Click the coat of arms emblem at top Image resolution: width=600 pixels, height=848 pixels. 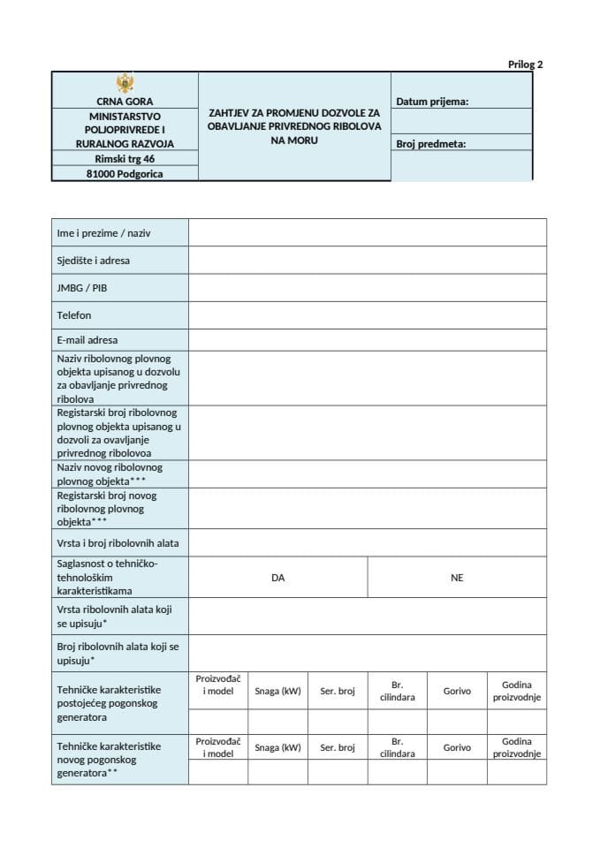pyautogui.click(x=125, y=84)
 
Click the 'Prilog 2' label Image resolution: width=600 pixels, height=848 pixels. pyautogui.click(x=525, y=64)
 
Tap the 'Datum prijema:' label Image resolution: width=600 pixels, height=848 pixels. pyautogui.click(x=431, y=102)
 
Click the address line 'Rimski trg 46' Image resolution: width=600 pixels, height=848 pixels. pyautogui.click(x=125, y=159)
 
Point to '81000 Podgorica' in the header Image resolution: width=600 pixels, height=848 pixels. pyautogui.click(x=125, y=174)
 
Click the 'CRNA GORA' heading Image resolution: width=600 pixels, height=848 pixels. pyautogui.click(x=125, y=102)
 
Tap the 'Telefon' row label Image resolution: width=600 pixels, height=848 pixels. pyautogui.click(x=74, y=314)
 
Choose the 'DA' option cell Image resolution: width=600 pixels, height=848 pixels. pyautogui.click(x=277, y=578)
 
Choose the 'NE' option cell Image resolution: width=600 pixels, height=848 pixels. pyautogui.click(x=456, y=578)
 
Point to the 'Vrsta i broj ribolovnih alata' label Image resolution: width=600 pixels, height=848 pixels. pyautogui.click(x=118, y=544)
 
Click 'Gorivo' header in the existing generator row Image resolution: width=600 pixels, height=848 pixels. pyautogui.click(x=457, y=691)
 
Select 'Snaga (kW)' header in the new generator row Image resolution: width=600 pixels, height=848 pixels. pyautogui.click(x=277, y=747)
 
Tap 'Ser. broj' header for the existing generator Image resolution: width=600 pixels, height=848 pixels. pyautogui.click(x=338, y=691)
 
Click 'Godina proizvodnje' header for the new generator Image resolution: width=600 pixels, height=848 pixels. pyautogui.click(x=516, y=747)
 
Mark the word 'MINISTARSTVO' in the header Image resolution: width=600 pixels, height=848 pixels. pyautogui.click(x=125, y=116)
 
